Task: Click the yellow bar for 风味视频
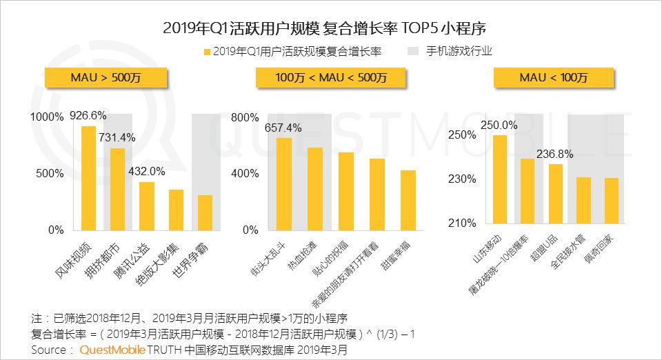[x=89, y=178]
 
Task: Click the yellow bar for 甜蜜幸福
[x=408, y=200]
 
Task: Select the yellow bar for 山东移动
[x=500, y=179]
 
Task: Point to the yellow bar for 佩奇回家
[x=612, y=201]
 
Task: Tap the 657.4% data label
[x=283, y=128]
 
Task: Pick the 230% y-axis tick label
[x=463, y=179]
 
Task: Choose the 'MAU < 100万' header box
[x=553, y=78]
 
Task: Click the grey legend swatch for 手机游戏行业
[x=414, y=51]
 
